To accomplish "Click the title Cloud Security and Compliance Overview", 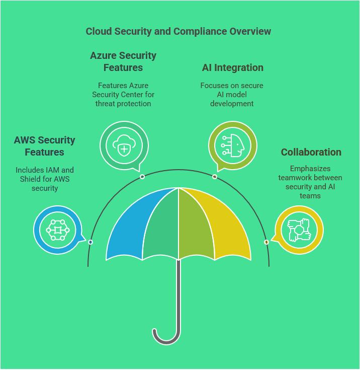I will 178,31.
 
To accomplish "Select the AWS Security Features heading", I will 44,146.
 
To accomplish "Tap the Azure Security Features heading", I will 123,61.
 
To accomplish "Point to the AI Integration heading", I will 232,67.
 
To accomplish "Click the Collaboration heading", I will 311,152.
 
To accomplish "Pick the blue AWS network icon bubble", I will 58,230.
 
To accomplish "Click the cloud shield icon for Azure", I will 124,146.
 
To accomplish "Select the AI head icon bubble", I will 233,146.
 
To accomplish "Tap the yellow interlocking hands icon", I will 299,230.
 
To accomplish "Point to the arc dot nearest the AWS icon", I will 91,242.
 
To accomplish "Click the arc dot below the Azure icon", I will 142,177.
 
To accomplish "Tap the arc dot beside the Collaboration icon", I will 266,242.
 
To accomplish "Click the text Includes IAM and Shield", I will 44,179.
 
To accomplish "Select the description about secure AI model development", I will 232,95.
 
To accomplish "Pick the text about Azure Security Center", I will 123,95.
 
